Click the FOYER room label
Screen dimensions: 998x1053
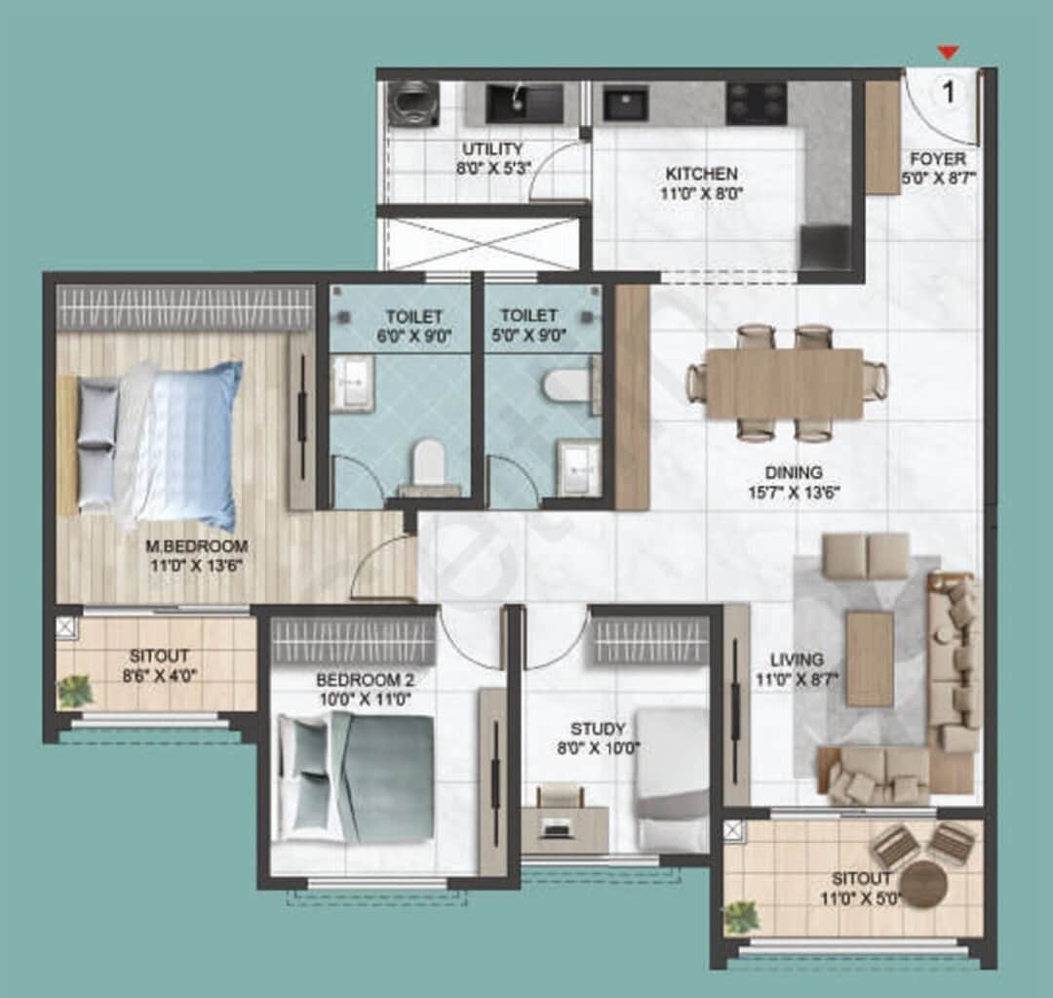click(938, 159)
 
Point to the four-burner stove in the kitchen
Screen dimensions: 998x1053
click(757, 102)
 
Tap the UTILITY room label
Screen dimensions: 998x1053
click(492, 149)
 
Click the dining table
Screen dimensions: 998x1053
click(785, 382)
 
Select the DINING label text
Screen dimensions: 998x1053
click(793, 473)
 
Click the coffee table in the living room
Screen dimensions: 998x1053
click(869, 659)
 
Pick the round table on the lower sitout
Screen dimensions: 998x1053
click(922, 885)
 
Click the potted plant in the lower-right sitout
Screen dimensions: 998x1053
click(742, 916)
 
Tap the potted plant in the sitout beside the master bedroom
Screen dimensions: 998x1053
click(75, 691)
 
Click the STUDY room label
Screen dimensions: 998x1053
click(599, 729)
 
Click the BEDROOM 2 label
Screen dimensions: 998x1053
click(358, 679)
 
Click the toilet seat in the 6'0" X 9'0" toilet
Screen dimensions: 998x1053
click(429, 461)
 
